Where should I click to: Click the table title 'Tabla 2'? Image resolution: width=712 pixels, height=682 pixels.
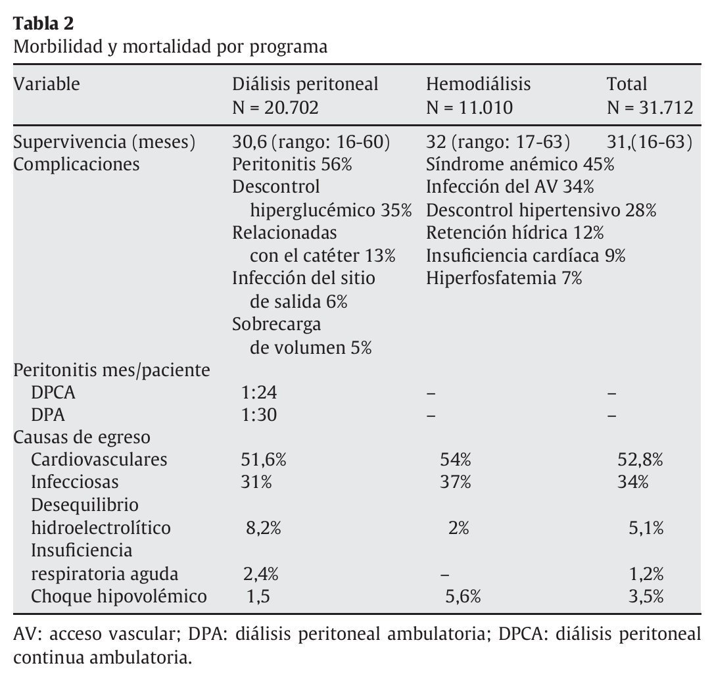tap(44, 24)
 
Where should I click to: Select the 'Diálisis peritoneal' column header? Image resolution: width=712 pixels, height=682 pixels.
tap(305, 84)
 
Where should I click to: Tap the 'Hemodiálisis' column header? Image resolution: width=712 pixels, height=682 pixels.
tap(478, 84)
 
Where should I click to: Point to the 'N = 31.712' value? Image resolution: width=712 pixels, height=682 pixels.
tap(650, 107)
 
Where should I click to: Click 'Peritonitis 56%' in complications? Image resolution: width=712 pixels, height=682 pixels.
tap(292, 164)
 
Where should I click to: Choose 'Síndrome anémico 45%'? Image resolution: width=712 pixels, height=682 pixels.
tap(519, 164)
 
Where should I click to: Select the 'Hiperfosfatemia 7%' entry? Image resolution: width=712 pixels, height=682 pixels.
tap(504, 278)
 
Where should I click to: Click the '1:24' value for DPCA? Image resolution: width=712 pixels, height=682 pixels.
tap(259, 393)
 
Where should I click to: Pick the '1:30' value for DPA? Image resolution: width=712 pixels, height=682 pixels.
tap(259, 415)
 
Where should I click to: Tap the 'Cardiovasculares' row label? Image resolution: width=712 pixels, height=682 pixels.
tap(99, 459)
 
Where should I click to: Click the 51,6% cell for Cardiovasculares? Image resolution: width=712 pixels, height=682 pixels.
tap(264, 459)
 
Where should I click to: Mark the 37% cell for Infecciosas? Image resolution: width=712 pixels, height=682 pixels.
tap(456, 482)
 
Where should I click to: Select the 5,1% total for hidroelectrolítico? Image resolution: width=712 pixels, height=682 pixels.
tap(646, 528)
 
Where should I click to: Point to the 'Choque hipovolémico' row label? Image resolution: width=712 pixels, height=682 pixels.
tap(119, 597)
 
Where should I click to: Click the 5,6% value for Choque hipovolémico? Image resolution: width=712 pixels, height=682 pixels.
tap(463, 597)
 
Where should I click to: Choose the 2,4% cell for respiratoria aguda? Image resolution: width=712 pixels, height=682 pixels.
tap(261, 573)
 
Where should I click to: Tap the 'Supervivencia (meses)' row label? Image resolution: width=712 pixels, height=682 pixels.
tap(105, 142)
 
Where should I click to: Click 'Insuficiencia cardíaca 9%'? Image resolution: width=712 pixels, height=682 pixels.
tap(525, 256)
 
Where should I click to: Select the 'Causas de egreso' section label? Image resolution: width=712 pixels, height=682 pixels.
tap(82, 437)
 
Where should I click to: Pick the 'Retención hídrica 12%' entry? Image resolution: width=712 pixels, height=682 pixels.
tap(514, 233)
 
